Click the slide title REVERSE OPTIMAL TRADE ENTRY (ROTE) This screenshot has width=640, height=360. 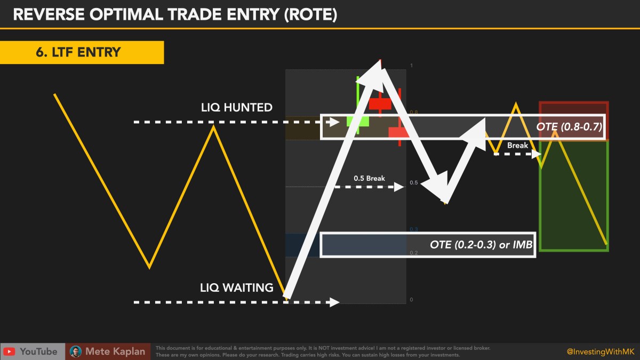[174, 14]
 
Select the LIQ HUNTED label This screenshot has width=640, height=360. [236, 108]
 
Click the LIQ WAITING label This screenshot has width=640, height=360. [236, 288]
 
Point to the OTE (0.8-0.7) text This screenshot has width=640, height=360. [569, 127]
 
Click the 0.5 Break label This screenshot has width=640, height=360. [369, 178]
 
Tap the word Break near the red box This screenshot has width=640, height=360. [517, 145]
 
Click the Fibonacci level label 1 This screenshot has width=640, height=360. [411, 66]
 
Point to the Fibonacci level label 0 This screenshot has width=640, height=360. [411, 300]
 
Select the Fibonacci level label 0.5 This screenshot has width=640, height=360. [414, 183]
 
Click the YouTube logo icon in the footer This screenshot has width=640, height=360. [9, 351]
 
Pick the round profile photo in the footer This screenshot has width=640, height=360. [76, 351]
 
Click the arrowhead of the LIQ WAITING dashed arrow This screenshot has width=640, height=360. [334, 302]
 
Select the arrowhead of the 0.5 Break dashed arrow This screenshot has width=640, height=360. [398, 187]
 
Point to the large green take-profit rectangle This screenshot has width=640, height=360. [573, 195]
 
